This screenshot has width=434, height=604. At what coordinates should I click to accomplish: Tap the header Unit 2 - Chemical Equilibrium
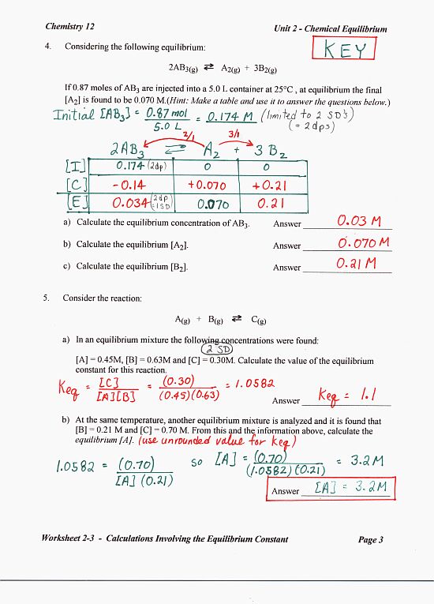tap(330, 28)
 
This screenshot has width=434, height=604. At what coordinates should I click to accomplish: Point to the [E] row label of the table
tap(69, 203)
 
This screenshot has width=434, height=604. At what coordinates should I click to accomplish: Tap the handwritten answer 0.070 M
tap(361, 242)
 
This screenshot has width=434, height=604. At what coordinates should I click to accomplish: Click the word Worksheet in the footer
tap(66, 540)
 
